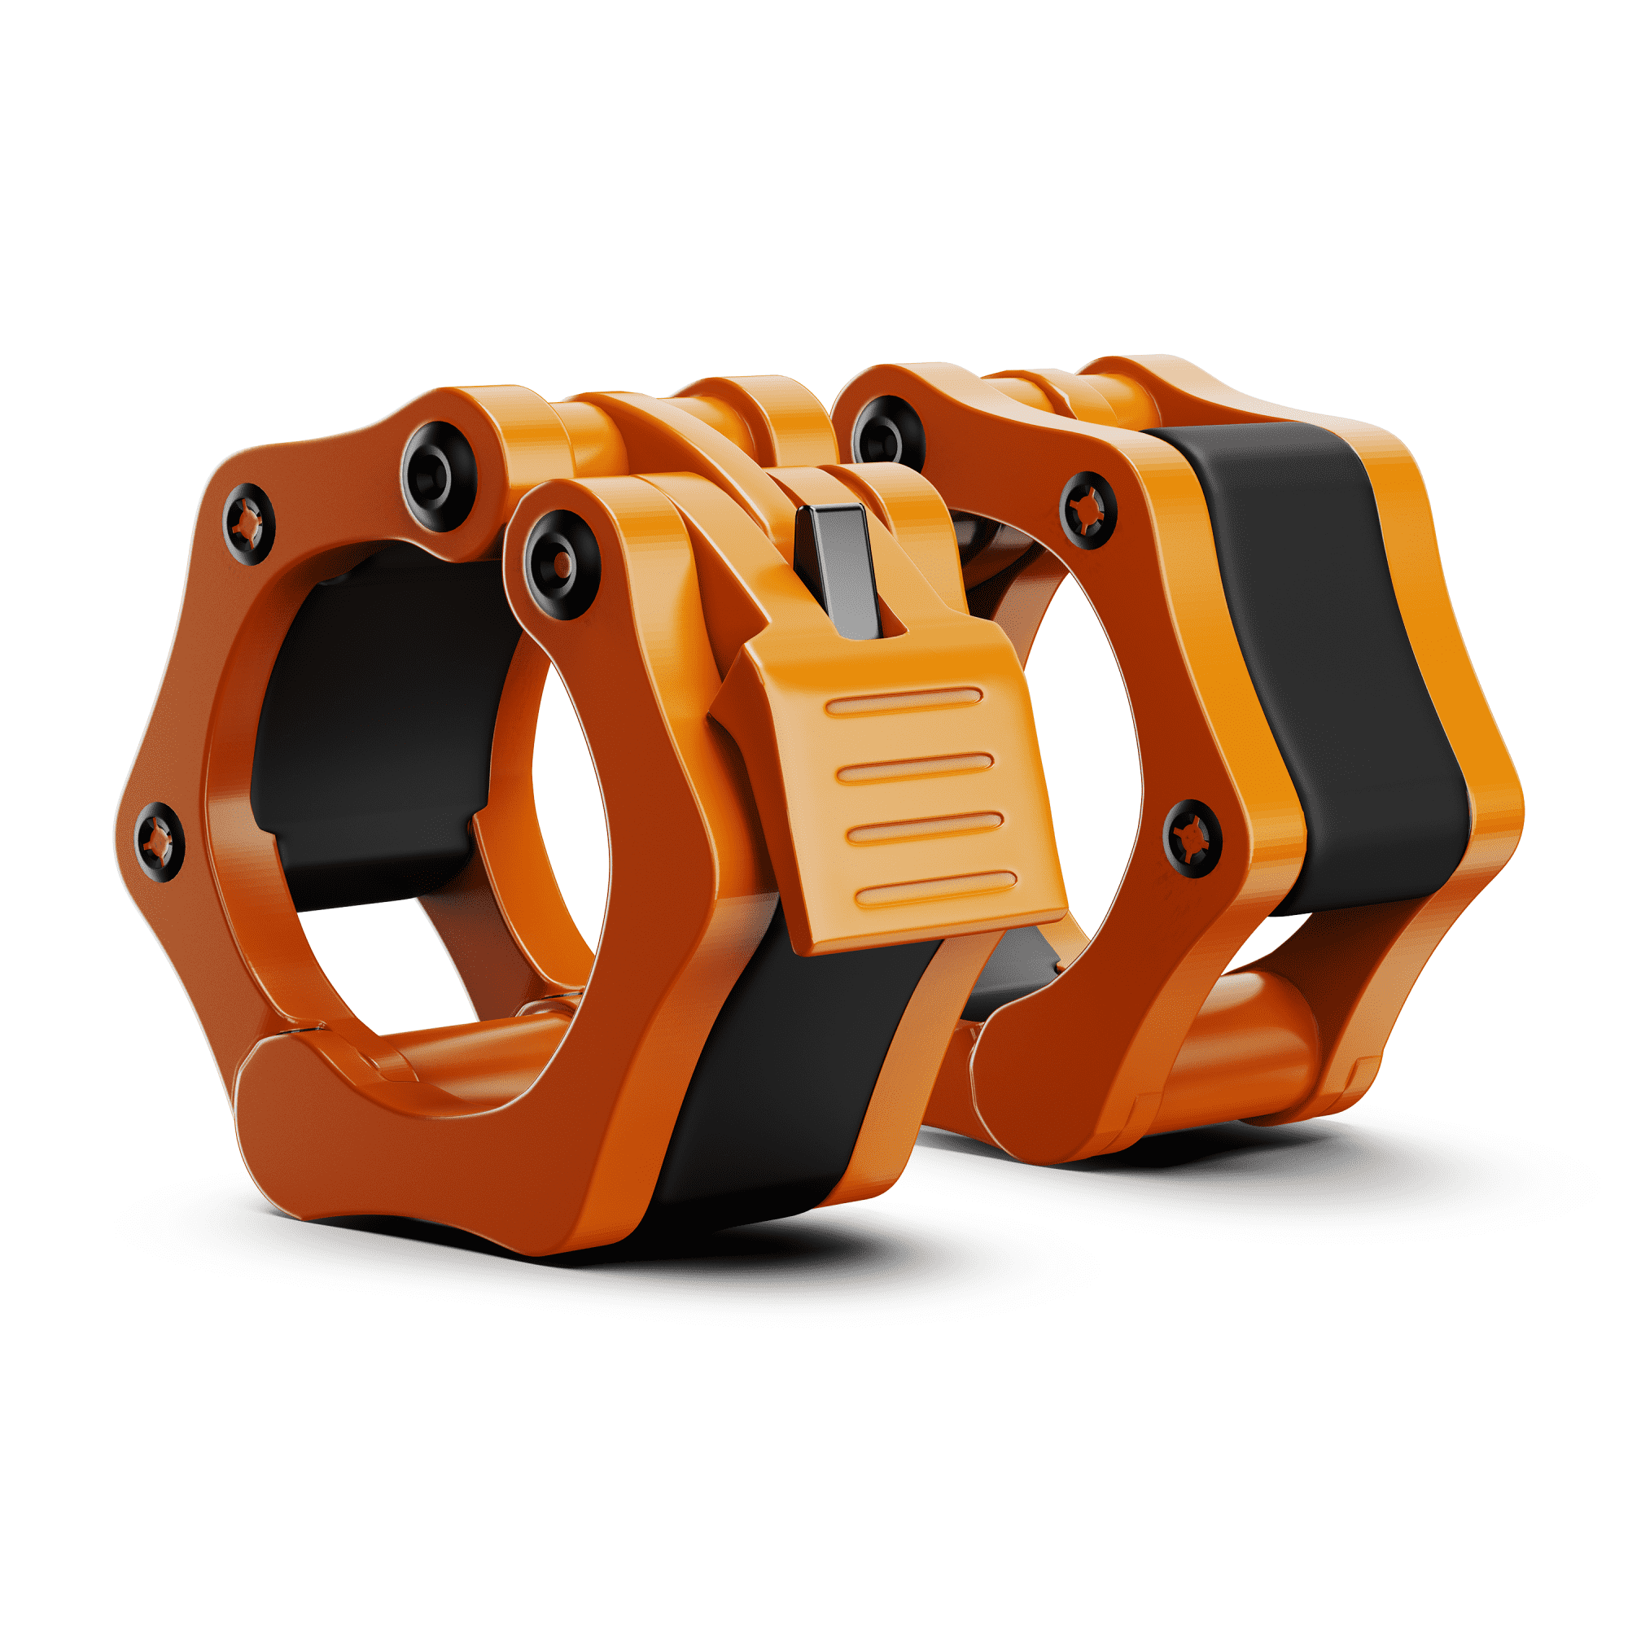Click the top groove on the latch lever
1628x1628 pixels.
tap(904, 700)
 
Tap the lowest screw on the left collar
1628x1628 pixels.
tap(159, 841)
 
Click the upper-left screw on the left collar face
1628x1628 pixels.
tap(248, 523)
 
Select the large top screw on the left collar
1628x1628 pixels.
tap(439, 476)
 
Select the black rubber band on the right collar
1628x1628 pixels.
tap(1340, 657)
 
